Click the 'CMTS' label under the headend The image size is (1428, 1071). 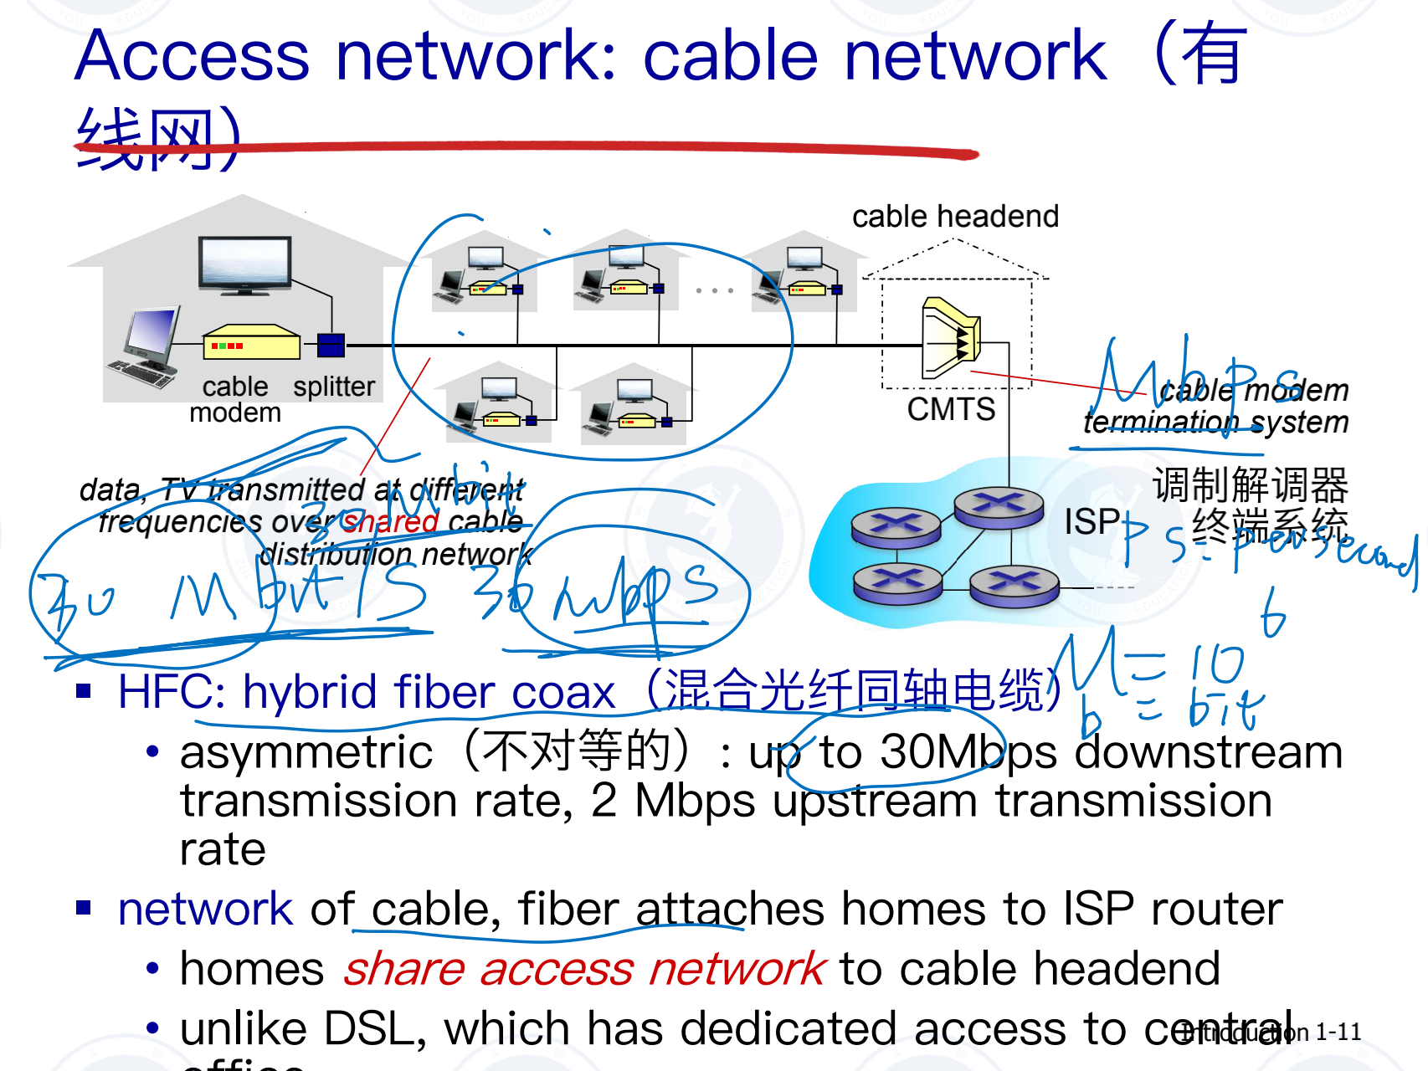tap(951, 409)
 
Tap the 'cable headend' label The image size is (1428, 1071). tap(955, 217)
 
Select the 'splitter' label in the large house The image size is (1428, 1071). tap(334, 387)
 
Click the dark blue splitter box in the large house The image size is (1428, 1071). tap(331, 344)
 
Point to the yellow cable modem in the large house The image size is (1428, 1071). tap(251, 342)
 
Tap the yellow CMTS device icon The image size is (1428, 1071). tap(951, 338)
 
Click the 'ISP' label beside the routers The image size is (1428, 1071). tap(1092, 522)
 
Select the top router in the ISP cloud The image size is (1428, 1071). tap(998, 505)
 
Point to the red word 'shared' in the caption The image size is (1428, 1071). tap(391, 522)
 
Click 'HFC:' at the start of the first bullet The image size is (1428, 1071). tap(171, 693)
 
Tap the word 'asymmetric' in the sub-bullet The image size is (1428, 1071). tap(306, 751)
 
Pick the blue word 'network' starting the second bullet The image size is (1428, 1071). tap(205, 910)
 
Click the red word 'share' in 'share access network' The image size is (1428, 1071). tap(403, 970)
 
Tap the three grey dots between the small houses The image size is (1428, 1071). tap(714, 290)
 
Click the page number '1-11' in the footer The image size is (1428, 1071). tap(1338, 1033)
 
